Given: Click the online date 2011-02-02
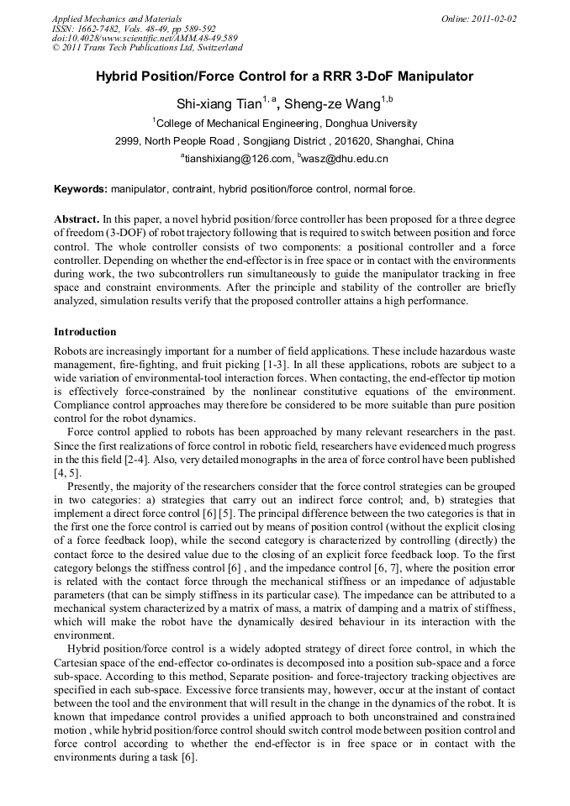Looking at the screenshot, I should pos(494,18).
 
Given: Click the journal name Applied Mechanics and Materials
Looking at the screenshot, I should pos(116,18).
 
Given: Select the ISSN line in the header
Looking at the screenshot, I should pos(134,29).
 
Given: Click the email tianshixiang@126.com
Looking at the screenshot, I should pos(237,158).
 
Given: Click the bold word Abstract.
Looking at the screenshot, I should pos(77,219).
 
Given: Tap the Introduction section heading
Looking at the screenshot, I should pos(85,332).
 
